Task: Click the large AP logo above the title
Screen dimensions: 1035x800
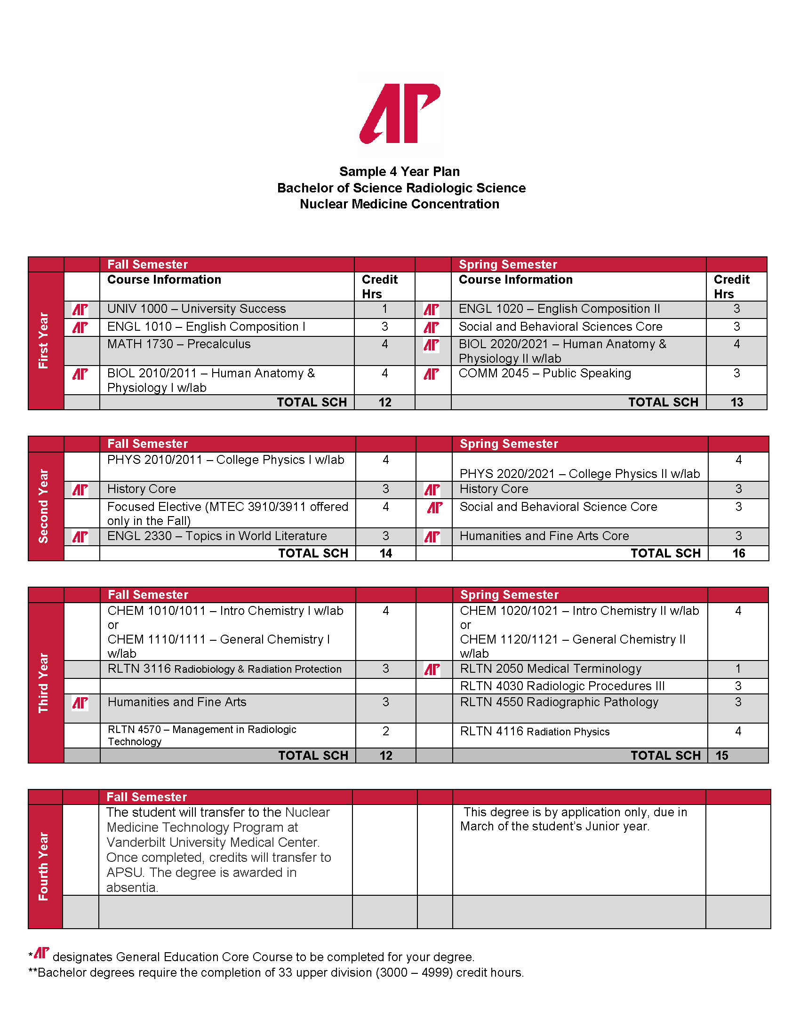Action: pos(400,114)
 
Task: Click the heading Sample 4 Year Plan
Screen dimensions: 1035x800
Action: pos(400,172)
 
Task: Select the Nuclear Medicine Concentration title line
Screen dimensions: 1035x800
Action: pos(400,204)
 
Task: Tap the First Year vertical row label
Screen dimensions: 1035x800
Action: pos(44,340)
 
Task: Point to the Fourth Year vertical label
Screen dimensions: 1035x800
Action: pos(44,866)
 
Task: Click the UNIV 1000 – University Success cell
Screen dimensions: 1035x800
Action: pos(196,309)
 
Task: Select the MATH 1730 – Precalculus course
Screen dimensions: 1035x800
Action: pos(179,344)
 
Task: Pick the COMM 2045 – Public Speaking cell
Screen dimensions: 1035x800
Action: pos(544,374)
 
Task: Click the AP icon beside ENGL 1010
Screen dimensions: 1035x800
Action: pos(80,327)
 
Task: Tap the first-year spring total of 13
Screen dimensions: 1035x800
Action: pos(736,402)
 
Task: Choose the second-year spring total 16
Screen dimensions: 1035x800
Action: pos(738,554)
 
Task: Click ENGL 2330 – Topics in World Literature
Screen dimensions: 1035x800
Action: pos(217,536)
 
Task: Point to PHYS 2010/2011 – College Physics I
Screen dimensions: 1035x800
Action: pos(225,460)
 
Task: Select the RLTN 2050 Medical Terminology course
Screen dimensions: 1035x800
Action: pos(551,669)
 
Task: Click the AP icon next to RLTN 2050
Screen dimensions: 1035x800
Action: pos(432,669)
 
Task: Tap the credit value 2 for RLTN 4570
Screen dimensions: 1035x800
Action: pos(386,731)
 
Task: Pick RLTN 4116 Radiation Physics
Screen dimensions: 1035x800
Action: pos(535,732)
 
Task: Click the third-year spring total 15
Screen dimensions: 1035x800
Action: pos(722,756)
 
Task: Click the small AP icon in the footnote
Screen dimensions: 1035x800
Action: pos(42,953)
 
